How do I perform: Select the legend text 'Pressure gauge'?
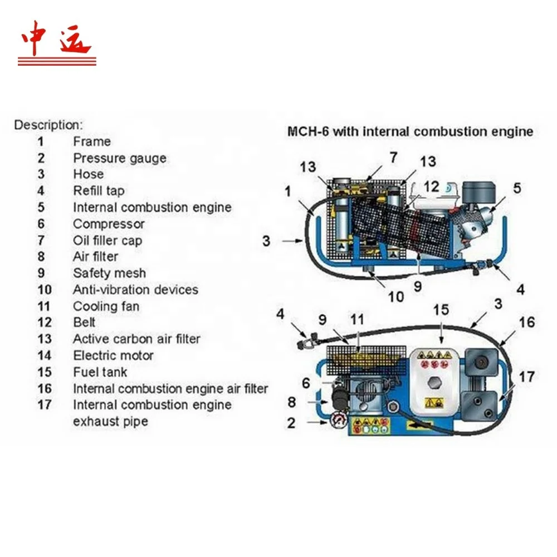(x=120, y=158)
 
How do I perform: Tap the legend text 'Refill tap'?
(x=99, y=191)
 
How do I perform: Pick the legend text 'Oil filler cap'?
(x=108, y=241)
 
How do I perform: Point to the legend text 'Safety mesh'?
(x=109, y=273)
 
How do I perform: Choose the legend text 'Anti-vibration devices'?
(x=135, y=290)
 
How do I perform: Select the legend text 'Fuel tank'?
(x=100, y=372)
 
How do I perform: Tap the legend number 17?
(x=45, y=404)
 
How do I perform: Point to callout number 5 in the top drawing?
(x=517, y=188)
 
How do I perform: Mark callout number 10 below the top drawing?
(x=395, y=296)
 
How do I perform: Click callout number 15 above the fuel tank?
(x=441, y=309)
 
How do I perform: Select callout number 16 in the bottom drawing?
(x=527, y=322)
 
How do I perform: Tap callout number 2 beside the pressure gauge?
(x=291, y=423)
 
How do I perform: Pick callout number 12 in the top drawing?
(x=432, y=187)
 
